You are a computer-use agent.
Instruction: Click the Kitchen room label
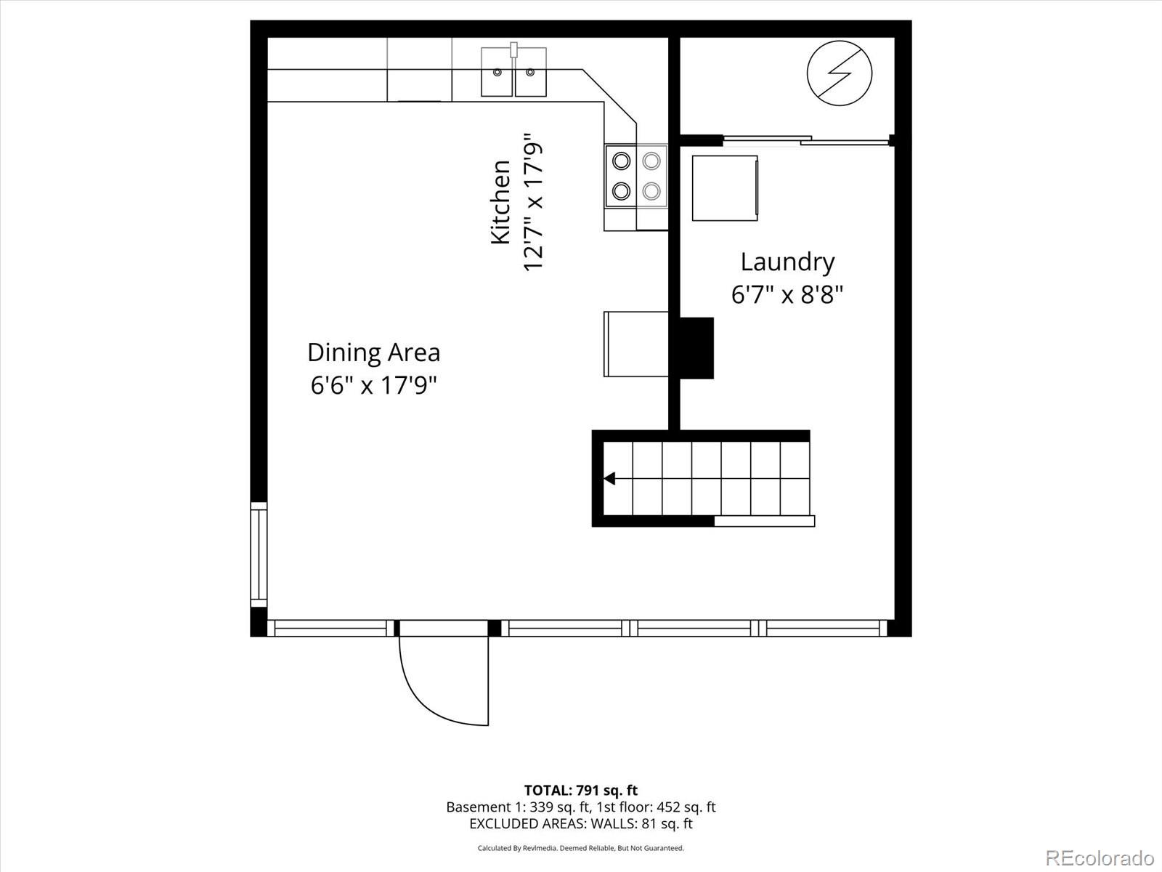500,202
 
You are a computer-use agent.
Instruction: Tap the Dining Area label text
373,352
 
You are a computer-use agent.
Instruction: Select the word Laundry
787,262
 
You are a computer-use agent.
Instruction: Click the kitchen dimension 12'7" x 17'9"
534,202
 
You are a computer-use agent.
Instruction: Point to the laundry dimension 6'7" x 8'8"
787,295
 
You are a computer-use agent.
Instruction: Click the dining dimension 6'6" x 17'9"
373,385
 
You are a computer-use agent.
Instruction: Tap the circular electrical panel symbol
840,73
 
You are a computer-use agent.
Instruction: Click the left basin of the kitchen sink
497,72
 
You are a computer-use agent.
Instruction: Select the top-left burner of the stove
621,160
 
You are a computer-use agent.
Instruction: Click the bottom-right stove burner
651,191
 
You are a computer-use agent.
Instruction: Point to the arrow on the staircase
610,478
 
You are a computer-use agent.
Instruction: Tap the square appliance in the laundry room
725,188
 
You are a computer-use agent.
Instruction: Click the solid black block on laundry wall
696,348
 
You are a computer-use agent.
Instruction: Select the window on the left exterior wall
259,554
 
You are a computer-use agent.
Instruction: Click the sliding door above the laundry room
806,140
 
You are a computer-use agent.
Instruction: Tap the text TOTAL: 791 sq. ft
580,790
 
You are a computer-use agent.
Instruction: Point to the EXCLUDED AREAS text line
580,824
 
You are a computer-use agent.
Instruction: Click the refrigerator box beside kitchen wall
636,344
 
